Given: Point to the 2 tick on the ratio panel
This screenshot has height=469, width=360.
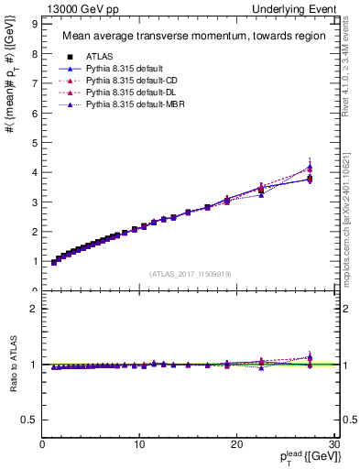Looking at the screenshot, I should [x=33, y=308].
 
